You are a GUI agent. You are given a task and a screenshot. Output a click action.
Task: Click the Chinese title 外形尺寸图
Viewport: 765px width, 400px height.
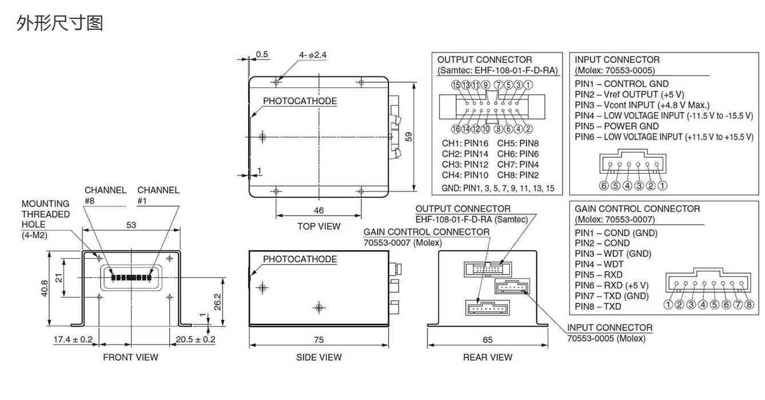click(60, 23)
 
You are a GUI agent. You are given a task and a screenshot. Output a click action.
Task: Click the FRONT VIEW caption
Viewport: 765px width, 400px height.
click(130, 357)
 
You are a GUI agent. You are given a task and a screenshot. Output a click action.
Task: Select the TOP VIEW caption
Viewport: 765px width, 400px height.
click(318, 226)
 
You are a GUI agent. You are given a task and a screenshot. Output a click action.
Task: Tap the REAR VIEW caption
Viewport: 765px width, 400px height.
click(487, 357)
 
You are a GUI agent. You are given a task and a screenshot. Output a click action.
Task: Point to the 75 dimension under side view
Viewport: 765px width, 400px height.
click(318, 339)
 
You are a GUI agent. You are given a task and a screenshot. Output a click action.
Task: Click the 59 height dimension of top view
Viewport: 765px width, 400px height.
click(408, 137)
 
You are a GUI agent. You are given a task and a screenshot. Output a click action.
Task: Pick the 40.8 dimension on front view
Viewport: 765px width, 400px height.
click(45, 289)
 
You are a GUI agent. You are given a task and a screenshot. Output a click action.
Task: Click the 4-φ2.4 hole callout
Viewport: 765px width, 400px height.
click(313, 55)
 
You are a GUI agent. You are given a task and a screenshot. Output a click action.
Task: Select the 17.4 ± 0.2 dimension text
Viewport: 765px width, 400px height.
click(73, 339)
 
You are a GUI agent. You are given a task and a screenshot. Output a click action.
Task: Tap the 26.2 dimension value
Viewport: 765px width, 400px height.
click(217, 302)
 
